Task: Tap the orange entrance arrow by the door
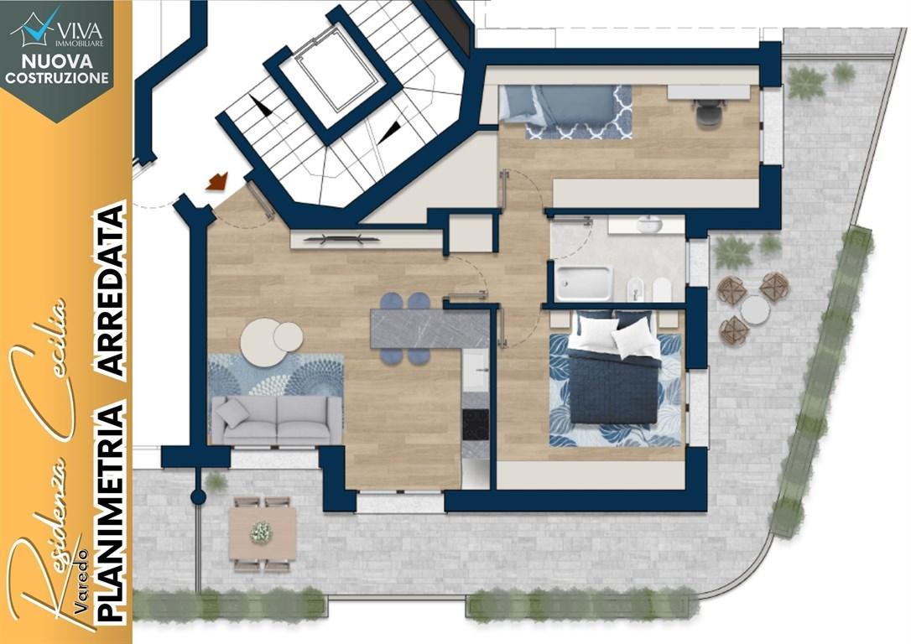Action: coord(217,181)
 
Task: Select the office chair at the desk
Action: coord(706,112)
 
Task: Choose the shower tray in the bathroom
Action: coord(583,283)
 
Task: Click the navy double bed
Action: coord(615,366)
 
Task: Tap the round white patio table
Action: coord(755,309)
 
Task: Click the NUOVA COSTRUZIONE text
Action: coord(57,69)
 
